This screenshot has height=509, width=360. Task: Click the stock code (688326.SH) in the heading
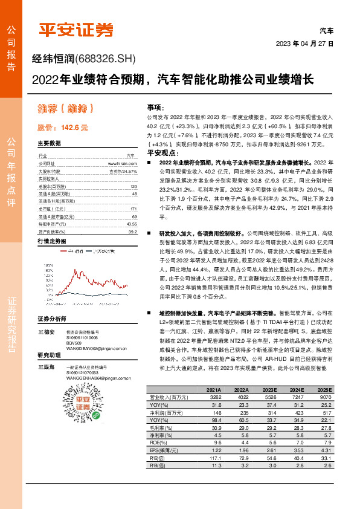pyautogui.click(x=107, y=59)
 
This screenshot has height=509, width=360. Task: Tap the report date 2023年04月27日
pyautogui.click(x=304, y=44)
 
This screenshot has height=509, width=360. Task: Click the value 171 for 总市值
pyautogui.click(x=133, y=208)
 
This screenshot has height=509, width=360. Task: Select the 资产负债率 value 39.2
pyautogui.click(x=132, y=231)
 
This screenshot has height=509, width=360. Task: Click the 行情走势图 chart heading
pyautogui.click(x=51, y=241)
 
